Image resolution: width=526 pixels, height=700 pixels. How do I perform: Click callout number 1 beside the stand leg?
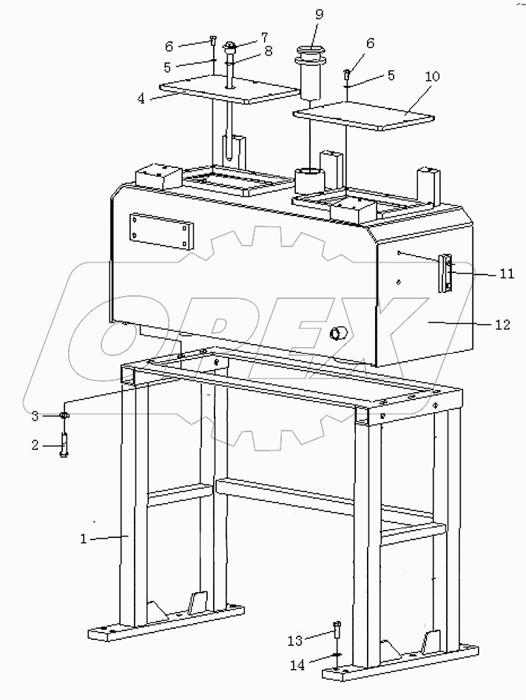coord(84,539)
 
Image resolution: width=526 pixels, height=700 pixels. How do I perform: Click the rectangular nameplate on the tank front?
coord(160,231)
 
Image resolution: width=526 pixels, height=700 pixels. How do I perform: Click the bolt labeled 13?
coord(337,631)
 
